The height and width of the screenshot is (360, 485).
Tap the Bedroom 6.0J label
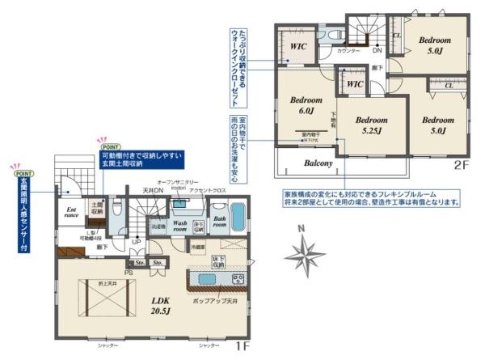point(306,105)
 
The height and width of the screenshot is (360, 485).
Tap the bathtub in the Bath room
point(238,216)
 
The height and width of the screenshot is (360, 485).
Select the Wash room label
point(180,223)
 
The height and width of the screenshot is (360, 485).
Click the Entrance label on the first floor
point(71,213)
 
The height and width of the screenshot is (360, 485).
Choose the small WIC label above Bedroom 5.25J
point(353,84)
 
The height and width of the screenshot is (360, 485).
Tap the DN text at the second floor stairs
point(377,50)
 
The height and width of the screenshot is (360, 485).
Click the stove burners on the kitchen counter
point(238,279)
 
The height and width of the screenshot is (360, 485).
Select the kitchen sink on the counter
point(207,279)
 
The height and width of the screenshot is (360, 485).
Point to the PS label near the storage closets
point(129,262)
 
